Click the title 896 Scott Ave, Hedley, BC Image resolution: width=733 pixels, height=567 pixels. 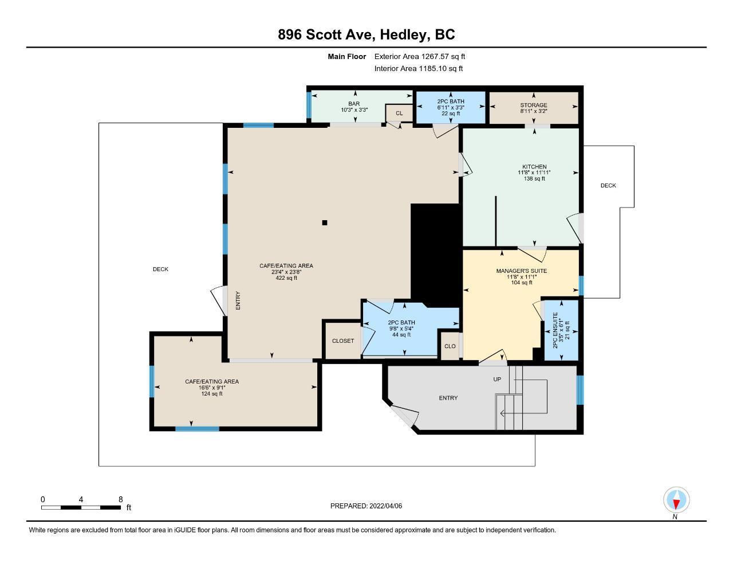click(x=366, y=34)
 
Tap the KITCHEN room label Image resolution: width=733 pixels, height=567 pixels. click(x=534, y=167)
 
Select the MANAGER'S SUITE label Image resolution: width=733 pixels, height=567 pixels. click(x=522, y=271)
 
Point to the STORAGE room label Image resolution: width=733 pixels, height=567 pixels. click(x=534, y=105)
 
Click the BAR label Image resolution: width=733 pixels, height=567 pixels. click(x=354, y=104)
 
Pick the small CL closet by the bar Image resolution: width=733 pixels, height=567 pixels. click(x=399, y=113)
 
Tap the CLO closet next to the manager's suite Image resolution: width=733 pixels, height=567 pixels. click(x=450, y=346)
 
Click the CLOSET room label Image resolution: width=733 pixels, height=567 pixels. click(x=343, y=341)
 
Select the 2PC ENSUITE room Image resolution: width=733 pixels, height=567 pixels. click(x=561, y=330)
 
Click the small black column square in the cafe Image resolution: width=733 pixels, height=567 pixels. click(x=325, y=222)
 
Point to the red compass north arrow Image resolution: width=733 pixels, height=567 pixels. click(x=676, y=505)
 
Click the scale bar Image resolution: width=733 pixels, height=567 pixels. click(x=81, y=507)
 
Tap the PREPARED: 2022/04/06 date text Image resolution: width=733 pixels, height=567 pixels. click(x=366, y=506)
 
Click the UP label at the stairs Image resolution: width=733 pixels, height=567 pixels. click(x=497, y=379)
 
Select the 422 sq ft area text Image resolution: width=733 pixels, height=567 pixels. click(x=286, y=278)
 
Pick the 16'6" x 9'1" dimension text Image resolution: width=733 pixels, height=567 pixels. click(x=212, y=388)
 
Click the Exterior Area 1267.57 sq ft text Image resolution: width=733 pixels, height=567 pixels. click(x=420, y=56)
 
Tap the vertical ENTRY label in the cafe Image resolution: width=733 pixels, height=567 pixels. click(x=238, y=300)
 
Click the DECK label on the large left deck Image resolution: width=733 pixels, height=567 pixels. click(x=160, y=269)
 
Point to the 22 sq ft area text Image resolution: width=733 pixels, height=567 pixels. click(x=451, y=114)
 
